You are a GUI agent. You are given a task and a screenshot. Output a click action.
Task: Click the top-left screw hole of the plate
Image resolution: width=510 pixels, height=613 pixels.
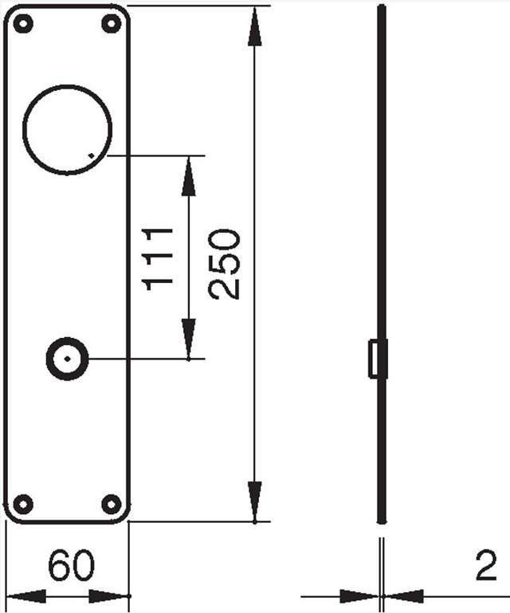24,24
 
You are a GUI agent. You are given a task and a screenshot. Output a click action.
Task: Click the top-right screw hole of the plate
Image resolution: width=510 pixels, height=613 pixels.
111,24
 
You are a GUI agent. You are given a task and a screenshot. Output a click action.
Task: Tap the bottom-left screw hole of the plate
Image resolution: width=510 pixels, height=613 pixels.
24,504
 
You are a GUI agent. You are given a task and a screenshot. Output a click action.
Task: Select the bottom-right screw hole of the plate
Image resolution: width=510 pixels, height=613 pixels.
111,504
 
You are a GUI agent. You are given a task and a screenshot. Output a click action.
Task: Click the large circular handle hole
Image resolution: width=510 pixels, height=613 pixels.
68,129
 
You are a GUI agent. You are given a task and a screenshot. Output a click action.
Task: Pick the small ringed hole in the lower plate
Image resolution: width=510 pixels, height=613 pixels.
67,359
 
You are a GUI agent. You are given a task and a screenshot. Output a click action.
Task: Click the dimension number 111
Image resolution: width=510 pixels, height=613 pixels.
160,257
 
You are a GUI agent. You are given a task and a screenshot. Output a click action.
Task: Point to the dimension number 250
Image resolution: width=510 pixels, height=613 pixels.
225,264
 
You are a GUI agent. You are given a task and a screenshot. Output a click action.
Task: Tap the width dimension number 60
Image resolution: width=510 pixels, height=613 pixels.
71,567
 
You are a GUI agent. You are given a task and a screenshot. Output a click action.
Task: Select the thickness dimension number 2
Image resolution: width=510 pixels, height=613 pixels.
484,567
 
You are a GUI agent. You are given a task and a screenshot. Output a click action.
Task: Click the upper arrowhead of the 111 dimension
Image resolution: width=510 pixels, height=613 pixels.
189,176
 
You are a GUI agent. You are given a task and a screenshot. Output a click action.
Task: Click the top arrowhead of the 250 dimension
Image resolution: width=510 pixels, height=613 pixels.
254,27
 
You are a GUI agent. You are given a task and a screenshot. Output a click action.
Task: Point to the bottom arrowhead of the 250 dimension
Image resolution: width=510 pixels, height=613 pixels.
254,501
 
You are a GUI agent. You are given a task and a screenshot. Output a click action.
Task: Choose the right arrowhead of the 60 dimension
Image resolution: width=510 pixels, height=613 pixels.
109,595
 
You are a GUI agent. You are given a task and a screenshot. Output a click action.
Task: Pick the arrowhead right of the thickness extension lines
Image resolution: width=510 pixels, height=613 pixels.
403,595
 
